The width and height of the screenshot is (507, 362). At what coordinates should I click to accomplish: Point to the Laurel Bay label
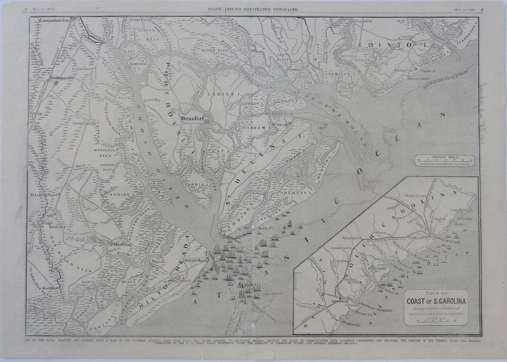point(152,99)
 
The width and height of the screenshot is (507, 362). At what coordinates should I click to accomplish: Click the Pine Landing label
point(362,21)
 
